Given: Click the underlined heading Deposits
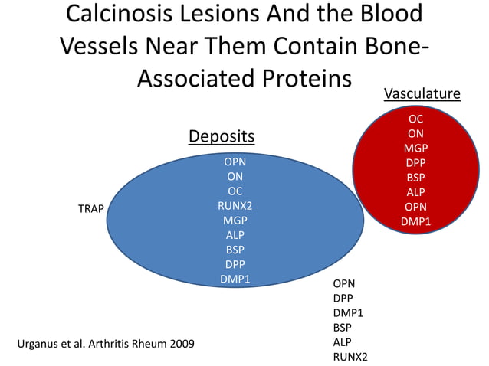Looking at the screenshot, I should tap(222, 136).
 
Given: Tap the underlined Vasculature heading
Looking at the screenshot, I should tap(422, 93).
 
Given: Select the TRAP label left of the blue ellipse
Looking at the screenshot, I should tap(91, 208).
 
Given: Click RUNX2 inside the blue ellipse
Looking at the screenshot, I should tap(235, 206).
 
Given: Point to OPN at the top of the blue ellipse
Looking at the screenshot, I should tap(235, 162).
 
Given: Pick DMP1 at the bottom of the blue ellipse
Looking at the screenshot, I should tap(235, 279).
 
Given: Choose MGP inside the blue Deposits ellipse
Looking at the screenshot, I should tap(235, 221).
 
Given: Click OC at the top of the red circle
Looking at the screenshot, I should tap(415, 119).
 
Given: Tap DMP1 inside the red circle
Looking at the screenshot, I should tap(415, 221).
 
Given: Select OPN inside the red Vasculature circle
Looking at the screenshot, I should tap(415, 207).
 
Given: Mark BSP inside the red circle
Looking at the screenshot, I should tap(415, 178).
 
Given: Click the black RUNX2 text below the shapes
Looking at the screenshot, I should tap(350, 357).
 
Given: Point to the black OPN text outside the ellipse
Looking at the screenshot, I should tap(344, 284).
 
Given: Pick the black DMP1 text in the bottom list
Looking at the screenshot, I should tap(348, 313).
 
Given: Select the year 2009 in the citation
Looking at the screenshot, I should tap(179, 342).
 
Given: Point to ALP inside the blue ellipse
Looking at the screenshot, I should tap(235, 235).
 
